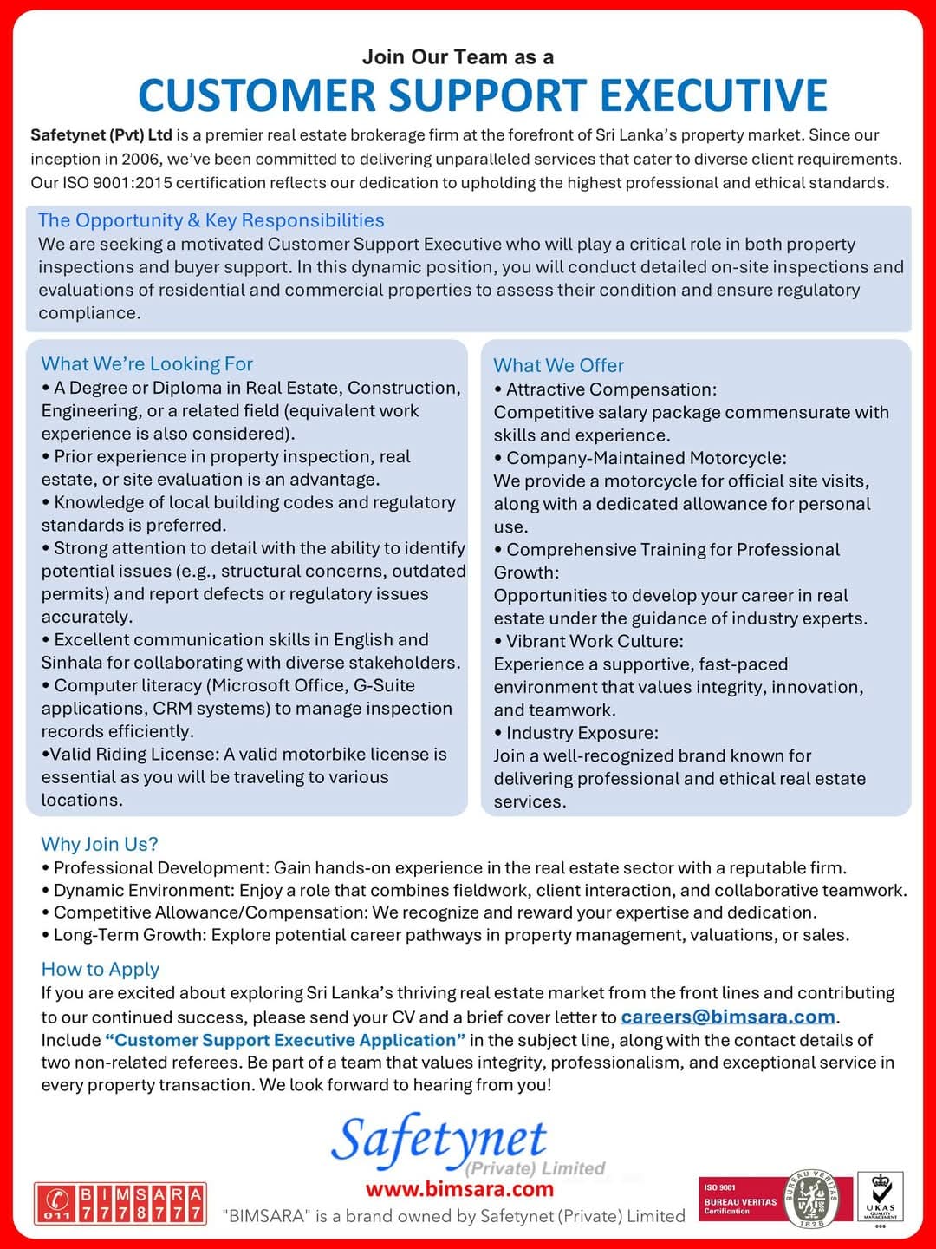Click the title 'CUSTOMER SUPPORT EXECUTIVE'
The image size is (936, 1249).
click(x=483, y=95)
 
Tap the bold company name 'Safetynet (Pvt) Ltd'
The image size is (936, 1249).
click(x=101, y=135)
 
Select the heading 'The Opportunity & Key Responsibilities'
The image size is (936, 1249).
click(x=211, y=220)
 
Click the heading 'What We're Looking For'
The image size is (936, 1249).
click(x=147, y=364)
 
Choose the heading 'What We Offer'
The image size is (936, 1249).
click(x=559, y=366)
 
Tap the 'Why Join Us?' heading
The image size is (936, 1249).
click(x=100, y=844)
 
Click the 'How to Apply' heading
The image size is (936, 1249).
click(x=101, y=969)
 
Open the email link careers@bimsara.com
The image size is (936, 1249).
click(x=728, y=1017)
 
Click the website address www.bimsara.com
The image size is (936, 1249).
click(x=459, y=1188)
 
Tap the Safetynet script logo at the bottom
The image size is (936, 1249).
click(x=439, y=1140)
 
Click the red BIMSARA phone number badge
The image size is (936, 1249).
click(x=120, y=1204)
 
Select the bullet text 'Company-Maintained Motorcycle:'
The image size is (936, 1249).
click(x=647, y=458)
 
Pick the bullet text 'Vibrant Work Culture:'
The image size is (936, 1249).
click(x=595, y=642)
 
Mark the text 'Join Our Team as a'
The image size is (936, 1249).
click(x=458, y=57)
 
